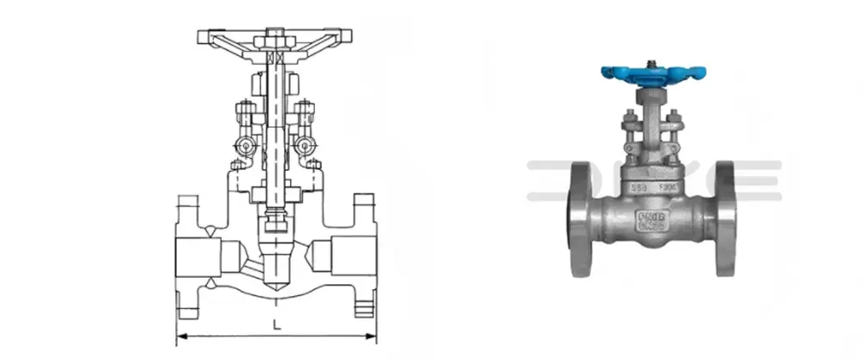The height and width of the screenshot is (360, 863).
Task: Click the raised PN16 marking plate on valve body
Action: [x=649, y=217]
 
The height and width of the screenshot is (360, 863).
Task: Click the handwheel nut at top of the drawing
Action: [x=275, y=40]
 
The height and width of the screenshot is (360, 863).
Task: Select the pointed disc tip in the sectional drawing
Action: [x=275, y=285]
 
